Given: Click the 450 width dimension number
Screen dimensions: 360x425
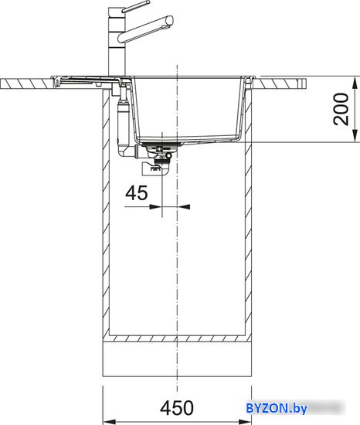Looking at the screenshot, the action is (x=177, y=408).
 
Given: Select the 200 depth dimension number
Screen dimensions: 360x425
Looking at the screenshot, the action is (x=341, y=109).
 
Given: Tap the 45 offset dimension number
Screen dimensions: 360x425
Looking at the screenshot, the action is (x=137, y=192).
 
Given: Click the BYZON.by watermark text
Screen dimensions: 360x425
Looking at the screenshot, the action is (x=277, y=408).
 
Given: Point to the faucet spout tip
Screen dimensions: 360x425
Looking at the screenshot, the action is (x=170, y=20).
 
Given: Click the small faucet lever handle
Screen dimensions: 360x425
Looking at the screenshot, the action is (x=135, y=6).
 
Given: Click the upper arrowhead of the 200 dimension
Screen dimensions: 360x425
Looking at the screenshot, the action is (x=355, y=82).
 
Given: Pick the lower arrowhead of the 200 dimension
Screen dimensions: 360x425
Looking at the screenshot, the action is (x=355, y=136).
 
